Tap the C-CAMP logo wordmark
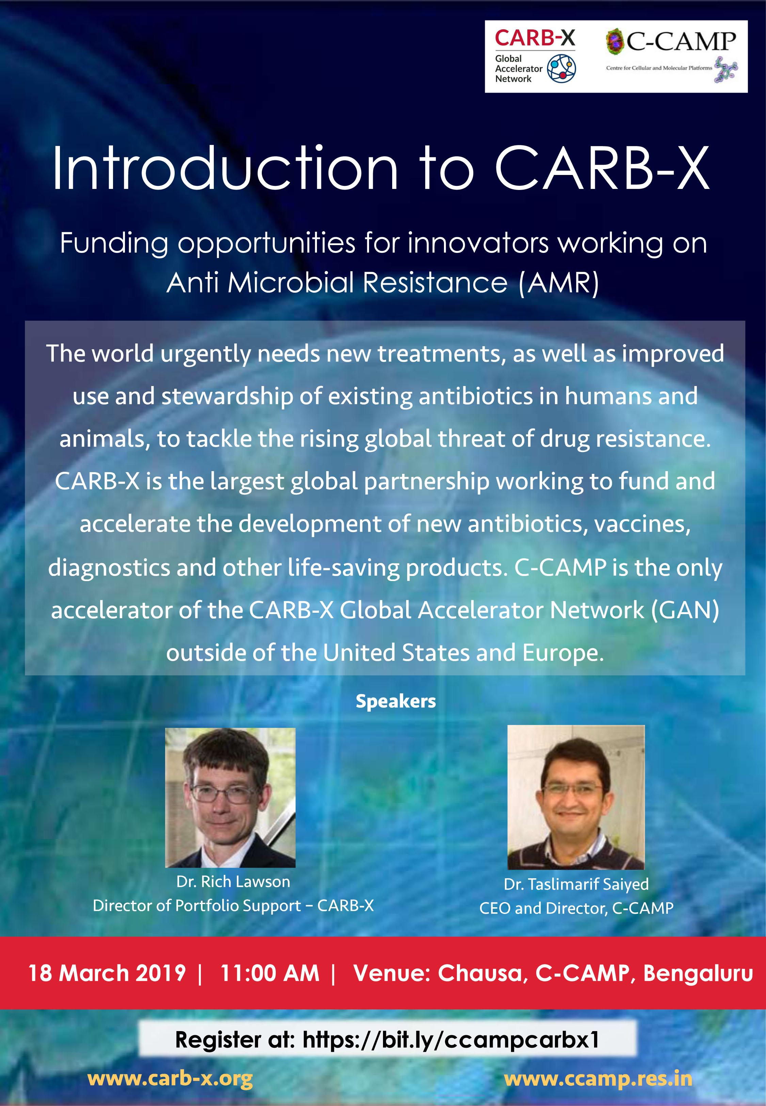point(681,42)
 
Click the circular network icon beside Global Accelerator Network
point(561,68)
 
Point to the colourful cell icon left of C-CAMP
point(615,41)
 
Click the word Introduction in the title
point(225,169)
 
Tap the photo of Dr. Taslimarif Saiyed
point(576,797)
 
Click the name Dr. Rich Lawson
point(233,881)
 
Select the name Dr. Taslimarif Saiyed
point(576,884)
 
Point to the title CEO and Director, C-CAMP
point(576,908)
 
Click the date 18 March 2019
point(107,973)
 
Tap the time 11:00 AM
point(270,973)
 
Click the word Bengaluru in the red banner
point(698,973)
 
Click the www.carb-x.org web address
point(170,1079)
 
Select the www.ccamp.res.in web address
point(598,1079)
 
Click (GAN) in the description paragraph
point(685,610)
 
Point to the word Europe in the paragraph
point(562,653)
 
